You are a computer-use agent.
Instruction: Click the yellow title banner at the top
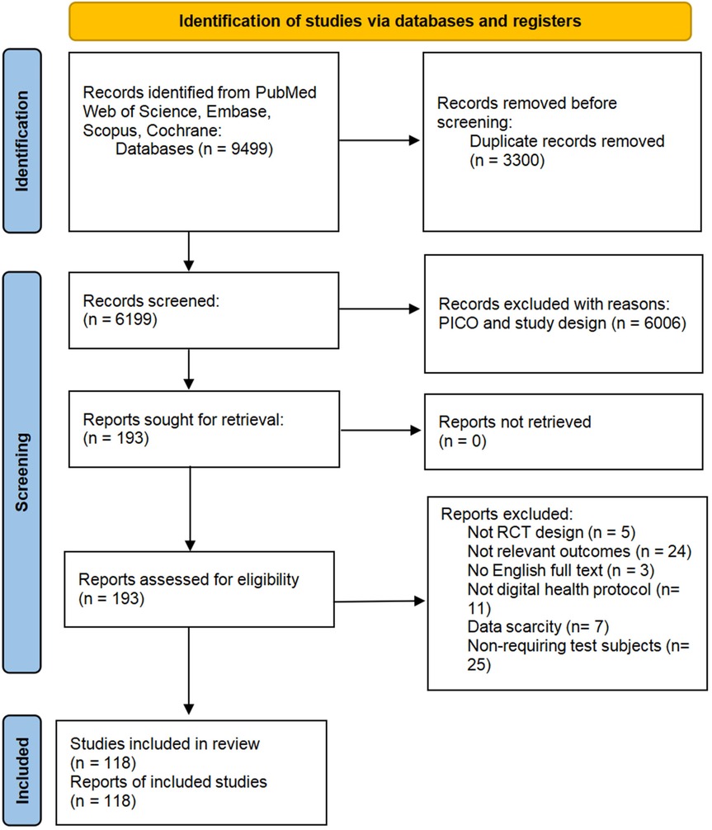coord(380,21)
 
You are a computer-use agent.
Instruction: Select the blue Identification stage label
coord(22,141)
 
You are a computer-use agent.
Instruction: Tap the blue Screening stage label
coord(22,472)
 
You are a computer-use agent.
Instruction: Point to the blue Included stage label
coord(22,771)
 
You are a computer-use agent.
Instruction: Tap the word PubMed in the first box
coord(285,92)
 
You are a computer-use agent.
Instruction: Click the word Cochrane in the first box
coord(182,130)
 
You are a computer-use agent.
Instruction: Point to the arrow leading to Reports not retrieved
coord(381,431)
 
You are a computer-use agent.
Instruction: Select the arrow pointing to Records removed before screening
coord(380,140)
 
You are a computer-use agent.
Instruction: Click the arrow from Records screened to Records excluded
coord(380,309)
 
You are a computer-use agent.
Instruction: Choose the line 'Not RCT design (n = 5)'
coord(551,532)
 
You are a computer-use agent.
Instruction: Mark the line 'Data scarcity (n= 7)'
coord(538,627)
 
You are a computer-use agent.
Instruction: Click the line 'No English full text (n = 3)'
coord(560,571)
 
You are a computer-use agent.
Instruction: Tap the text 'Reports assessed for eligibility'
coord(188,580)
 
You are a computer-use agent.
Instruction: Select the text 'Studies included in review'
coord(165,744)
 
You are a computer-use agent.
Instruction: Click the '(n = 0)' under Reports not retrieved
coord(462,441)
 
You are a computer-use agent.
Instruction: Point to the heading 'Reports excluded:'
coord(507,514)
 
